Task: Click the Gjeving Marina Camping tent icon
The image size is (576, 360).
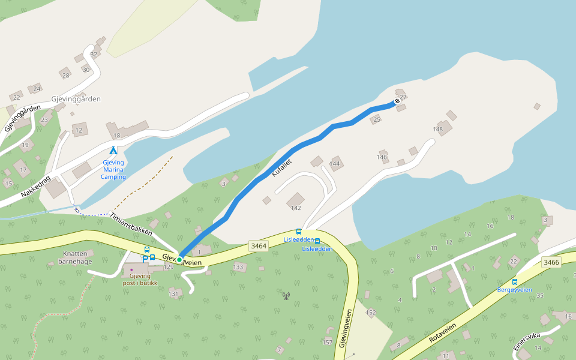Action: point(113,150)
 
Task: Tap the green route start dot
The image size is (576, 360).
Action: point(179,259)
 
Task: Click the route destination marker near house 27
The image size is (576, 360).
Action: point(397,101)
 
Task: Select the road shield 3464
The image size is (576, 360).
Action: point(259,246)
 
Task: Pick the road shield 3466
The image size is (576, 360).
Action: point(551,262)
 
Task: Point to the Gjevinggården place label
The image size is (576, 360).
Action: point(76,99)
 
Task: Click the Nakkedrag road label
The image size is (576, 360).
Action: point(37,183)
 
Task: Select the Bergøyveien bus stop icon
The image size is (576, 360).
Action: point(515,281)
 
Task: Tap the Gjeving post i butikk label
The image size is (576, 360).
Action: point(139,279)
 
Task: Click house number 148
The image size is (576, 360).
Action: point(438,130)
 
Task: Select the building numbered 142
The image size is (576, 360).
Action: point(295,208)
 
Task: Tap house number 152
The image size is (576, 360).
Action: point(371,313)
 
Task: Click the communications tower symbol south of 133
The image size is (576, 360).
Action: point(286,295)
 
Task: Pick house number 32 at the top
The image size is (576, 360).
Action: point(93,55)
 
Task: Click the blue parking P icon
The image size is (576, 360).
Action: point(145,258)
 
